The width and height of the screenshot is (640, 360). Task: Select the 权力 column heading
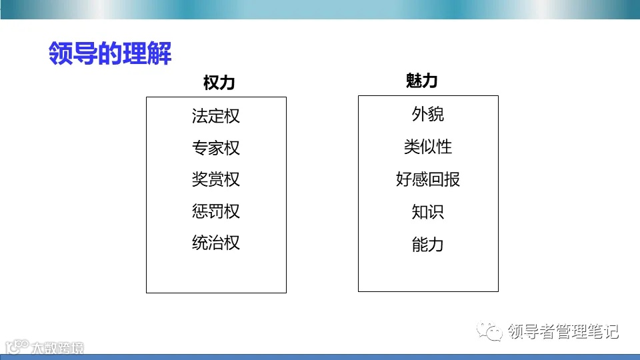[x=219, y=83]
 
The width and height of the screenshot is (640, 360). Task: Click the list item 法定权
[x=215, y=116]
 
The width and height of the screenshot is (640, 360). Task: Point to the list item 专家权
[x=215, y=148]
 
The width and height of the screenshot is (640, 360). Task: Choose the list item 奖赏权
[x=215, y=179]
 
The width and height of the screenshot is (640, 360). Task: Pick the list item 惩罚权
[x=215, y=211]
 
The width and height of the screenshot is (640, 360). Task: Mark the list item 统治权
[x=215, y=243]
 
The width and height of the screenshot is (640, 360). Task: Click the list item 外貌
[x=427, y=115]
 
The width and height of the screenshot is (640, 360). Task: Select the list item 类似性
[x=427, y=147]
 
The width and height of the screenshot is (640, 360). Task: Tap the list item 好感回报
[x=427, y=179]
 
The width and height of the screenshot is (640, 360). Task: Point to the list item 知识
[x=427, y=212]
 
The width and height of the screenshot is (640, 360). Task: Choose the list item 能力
[x=427, y=245]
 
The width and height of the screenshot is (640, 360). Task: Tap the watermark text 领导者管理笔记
[x=563, y=331]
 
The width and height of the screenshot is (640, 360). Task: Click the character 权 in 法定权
[x=232, y=116]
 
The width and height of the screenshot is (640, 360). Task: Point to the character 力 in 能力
[x=436, y=245]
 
